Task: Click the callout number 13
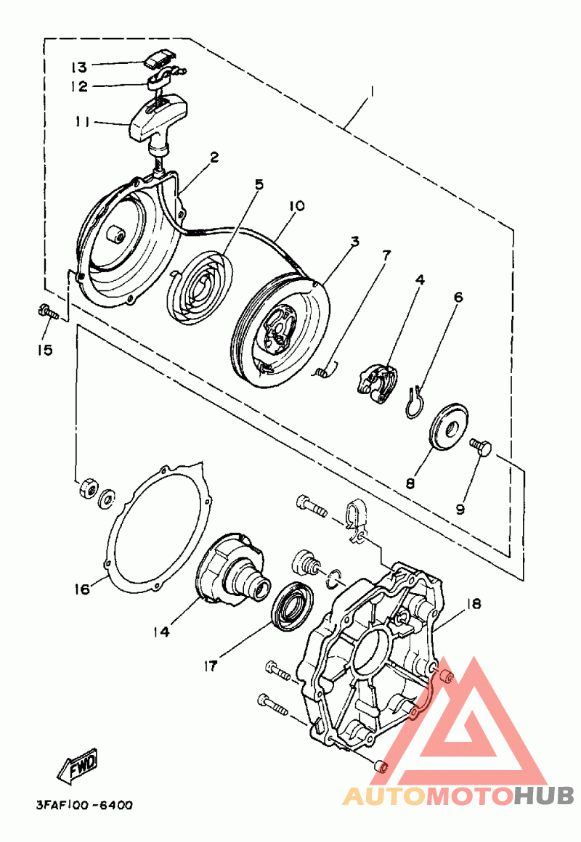click(79, 67)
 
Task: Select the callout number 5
click(259, 184)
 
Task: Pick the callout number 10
click(297, 205)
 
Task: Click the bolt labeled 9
click(481, 447)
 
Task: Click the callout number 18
click(474, 604)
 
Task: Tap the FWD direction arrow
click(78, 764)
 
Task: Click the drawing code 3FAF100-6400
click(84, 805)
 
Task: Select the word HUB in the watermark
click(543, 796)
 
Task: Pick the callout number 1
click(371, 92)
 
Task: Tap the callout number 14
click(161, 632)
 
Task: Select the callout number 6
click(458, 297)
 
